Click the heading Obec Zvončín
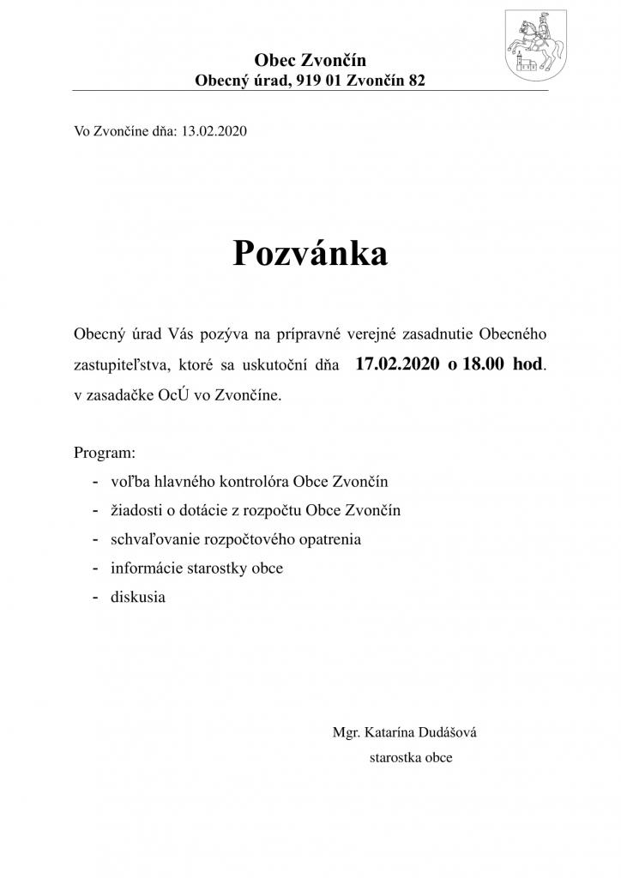[310, 60]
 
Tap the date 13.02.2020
[214, 131]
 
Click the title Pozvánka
[310, 254]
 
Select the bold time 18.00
[485, 364]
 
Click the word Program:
[105, 451]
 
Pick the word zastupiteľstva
[124, 364]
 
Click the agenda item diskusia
[138, 597]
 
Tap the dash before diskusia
[94, 597]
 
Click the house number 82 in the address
[414, 81]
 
